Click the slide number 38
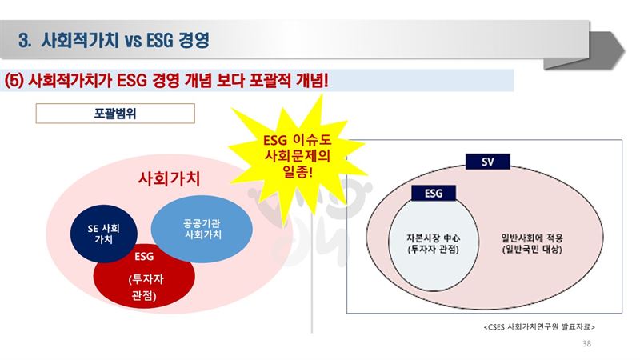coord(586,344)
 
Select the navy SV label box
coord(488,162)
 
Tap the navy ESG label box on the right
coord(434,193)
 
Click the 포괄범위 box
coord(115,114)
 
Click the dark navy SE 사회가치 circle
coord(104,234)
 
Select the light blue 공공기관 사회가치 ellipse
coord(202,229)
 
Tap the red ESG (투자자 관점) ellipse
coord(144,279)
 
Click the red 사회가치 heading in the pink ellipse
coord(169,178)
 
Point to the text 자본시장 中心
coord(433,238)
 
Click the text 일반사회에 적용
coord(532,238)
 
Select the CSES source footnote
coord(539,327)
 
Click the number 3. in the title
coord(25,41)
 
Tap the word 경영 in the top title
coord(194,40)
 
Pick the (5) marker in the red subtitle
coord(14,81)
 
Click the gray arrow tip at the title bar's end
coord(625,51)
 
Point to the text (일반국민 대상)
coord(532,250)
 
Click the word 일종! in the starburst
coord(298,171)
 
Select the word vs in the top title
coord(134,41)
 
